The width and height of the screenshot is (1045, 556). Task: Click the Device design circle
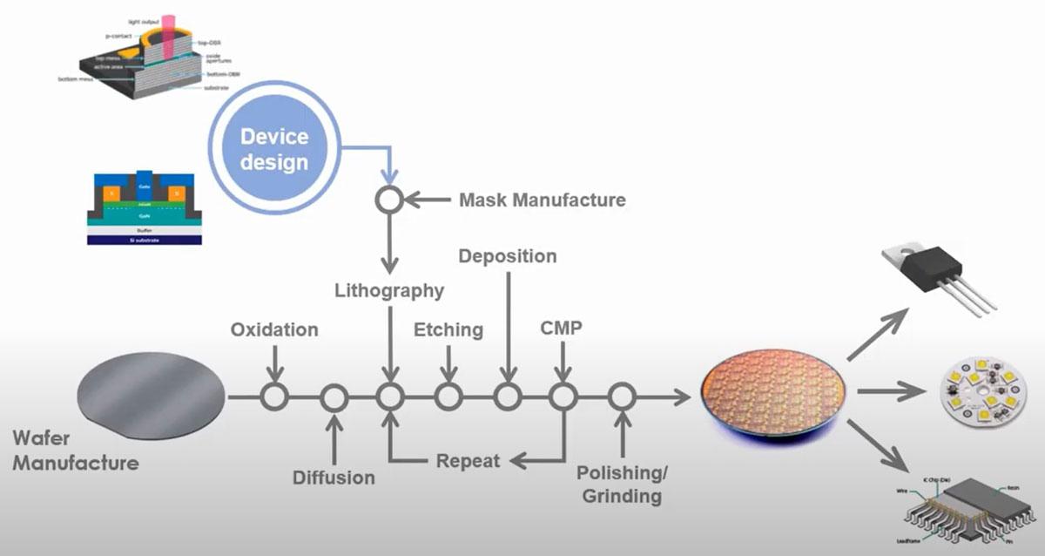coord(273,149)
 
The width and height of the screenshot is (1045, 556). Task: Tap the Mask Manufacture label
coord(542,200)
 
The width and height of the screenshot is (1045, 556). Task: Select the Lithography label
coord(389,290)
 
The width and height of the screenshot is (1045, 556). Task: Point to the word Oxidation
coord(274,330)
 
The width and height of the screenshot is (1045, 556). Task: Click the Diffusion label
coord(334,477)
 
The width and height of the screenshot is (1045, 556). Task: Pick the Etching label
coord(448,329)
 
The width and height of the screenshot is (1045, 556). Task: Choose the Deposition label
coord(507,256)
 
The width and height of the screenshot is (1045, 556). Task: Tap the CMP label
coord(562,329)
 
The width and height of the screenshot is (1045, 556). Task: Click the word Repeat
coord(469,460)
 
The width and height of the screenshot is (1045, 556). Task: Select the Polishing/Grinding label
coord(621,485)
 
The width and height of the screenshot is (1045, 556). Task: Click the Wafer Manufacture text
coord(75,450)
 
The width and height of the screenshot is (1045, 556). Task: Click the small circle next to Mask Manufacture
coord(388,200)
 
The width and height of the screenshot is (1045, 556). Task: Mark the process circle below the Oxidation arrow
coord(274,397)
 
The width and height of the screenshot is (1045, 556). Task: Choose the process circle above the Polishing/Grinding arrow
coord(621,397)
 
